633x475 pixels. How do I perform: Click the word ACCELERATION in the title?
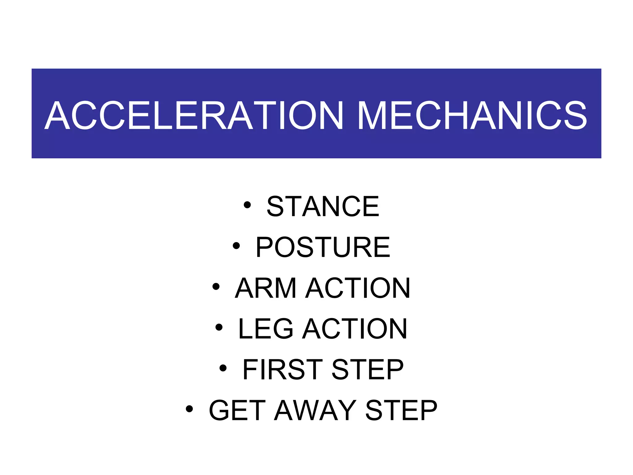[194, 115]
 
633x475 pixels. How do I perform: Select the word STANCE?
[323, 206]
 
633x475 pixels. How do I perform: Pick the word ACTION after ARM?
[358, 288]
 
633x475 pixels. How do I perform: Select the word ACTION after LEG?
[355, 329]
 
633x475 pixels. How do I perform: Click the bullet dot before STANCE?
[247, 205]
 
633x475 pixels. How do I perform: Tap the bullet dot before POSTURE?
[236, 246]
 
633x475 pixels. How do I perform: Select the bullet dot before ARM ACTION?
[216, 286]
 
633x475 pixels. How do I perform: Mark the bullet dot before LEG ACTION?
[219, 327]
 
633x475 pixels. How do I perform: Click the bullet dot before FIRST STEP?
[223, 368]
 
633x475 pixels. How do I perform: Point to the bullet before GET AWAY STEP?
[189, 409]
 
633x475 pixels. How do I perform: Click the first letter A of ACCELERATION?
[57, 115]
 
